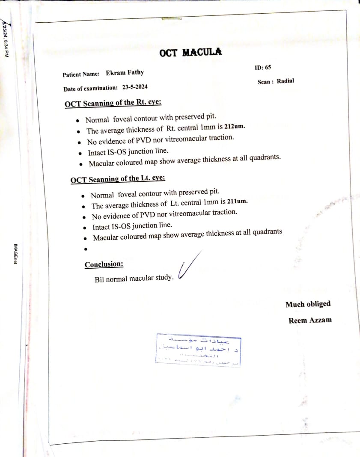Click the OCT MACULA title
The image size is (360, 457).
(190, 53)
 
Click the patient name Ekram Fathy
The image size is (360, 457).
(125, 73)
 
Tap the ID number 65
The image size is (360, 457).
(268, 68)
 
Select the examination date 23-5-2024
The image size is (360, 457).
(135, 87)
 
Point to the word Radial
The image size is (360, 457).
(285, 81)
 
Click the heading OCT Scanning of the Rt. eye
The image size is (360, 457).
(113, 103)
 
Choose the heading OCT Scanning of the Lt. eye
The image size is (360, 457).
(118, 179)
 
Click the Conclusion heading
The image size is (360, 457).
(104, 264)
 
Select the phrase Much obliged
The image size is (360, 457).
(308, 304)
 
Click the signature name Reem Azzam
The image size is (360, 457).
(310, 320)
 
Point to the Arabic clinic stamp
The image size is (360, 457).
(198, 349)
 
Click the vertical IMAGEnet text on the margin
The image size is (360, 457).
(15, 254)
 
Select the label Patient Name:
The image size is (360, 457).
(81, 74)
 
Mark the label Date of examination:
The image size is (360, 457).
(90, 89)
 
